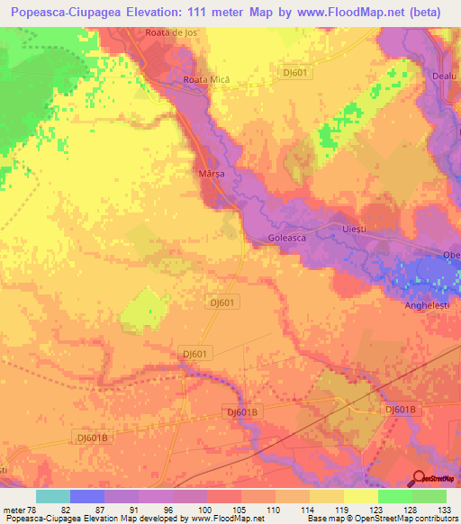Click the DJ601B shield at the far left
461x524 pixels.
pyautogui.click(x=92, y=437)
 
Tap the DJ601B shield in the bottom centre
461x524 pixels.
pyautogui.click(x=242, y=411)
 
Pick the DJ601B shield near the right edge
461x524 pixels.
pyautogui.click(x=401, y=410)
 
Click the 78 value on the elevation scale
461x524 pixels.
pyautogui.click(x=32, y=510)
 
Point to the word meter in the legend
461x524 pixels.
pyautogui.click(x=14, y=510)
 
